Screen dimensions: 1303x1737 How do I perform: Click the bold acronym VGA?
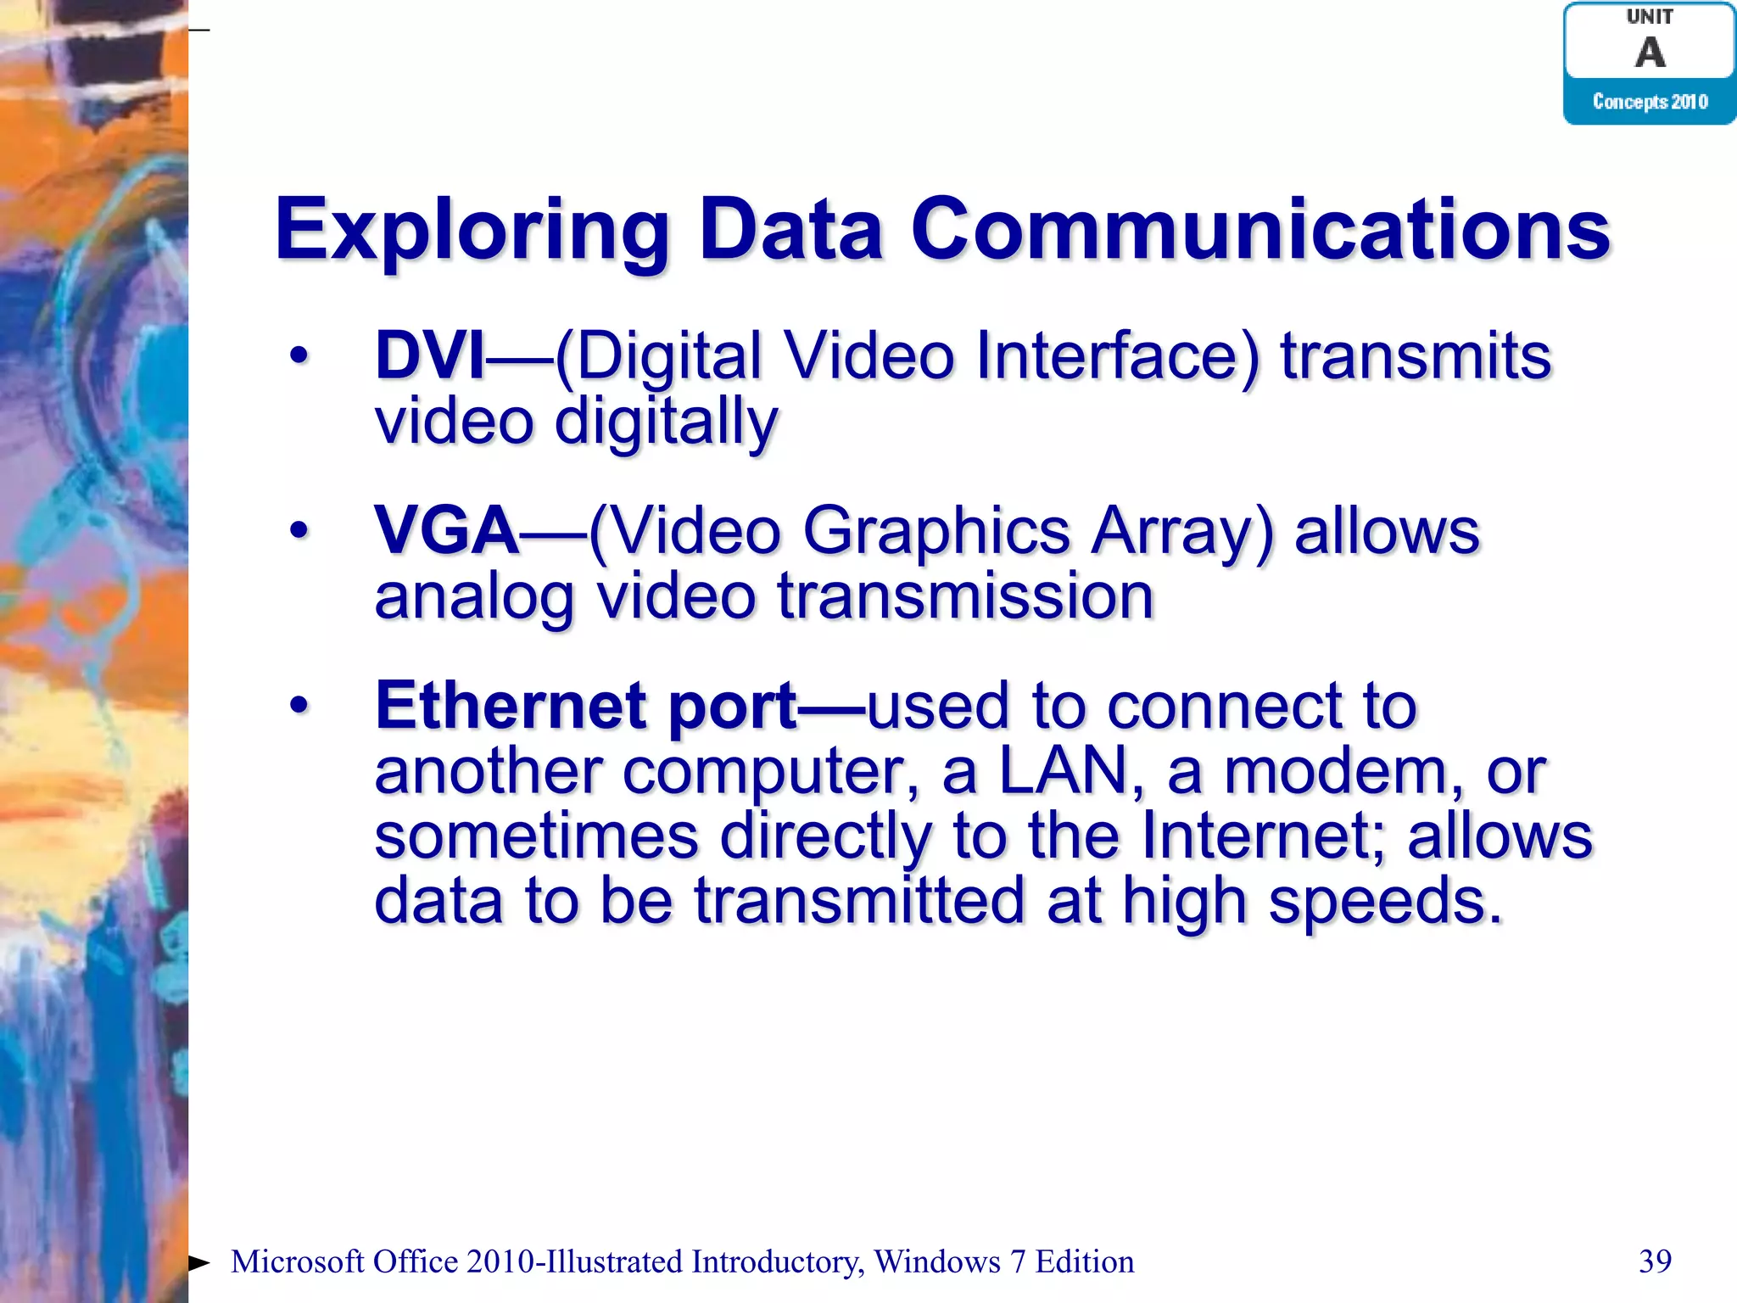coord(446,531)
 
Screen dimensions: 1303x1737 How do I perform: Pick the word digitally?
coord(666,422)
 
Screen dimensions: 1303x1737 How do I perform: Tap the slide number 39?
coord(1655,1261)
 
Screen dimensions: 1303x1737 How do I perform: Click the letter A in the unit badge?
coord(1650,53)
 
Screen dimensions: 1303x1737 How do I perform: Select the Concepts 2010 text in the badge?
coord(1650,102)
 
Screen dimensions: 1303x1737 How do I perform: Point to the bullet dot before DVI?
coord(299,356)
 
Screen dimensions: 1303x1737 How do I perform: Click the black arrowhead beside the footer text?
coord(199,1262)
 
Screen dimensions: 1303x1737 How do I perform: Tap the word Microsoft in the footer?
coord(297,1261)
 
